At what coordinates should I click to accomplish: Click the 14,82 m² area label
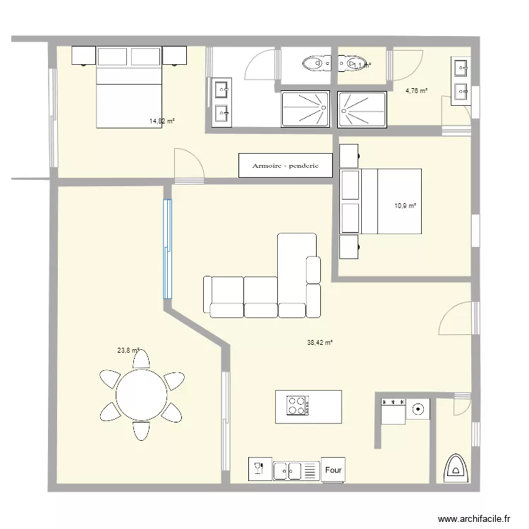tap(162, 121)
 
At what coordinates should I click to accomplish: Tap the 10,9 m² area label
tap(405, 206)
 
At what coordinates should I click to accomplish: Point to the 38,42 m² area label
tap(320, 343)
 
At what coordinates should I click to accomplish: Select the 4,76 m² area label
tap(416, 90)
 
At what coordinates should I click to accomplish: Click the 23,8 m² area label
tap(128, 350)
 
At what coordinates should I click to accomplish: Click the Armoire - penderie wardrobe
tap(286, 166)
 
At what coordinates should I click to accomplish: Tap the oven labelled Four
tap(334, 470)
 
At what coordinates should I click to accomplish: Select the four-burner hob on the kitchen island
tap(296, 406)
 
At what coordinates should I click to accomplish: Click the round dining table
tap(140, 394)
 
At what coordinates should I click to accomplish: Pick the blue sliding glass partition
tap(168, 249)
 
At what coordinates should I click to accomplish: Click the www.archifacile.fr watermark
tap(473, 518)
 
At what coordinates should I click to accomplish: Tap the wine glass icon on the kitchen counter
tap(258, 470)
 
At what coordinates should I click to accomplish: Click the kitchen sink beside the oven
tap(287, 470)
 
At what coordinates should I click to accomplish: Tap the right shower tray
tap(362, 109)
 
